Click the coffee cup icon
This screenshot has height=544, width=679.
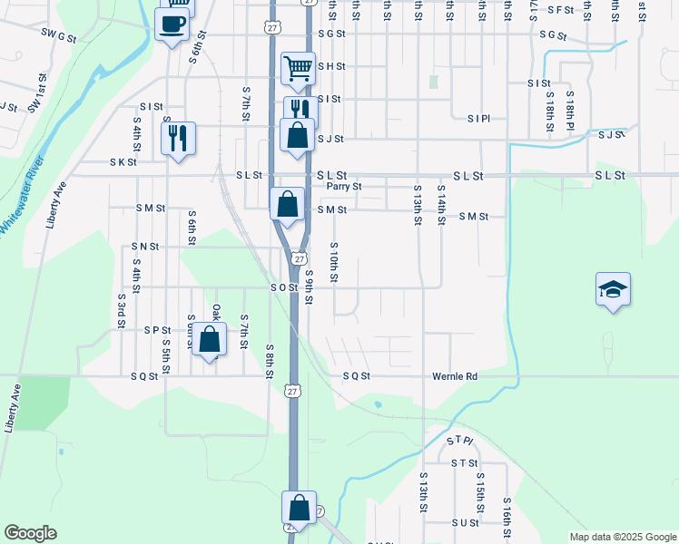click(172, 24)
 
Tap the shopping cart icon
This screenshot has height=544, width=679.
click(298, 67)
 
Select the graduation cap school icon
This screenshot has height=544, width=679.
click(613, 289)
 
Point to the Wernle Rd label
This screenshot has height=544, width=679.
click(454, 376)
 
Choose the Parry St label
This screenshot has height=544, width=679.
click(344, 187)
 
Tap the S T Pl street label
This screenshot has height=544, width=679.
click(460, 441)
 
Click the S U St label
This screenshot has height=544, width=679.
click(464, 523)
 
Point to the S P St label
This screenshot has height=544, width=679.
click(157, 330)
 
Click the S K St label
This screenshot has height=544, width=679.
click(123, 162)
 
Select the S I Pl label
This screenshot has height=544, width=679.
click(478, 119)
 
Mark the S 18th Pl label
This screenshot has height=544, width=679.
click(570, 111)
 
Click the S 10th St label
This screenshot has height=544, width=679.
click(334, 262)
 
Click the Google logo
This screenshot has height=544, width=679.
click(30, 533)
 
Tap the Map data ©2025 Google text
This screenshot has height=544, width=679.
click(622, 537)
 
